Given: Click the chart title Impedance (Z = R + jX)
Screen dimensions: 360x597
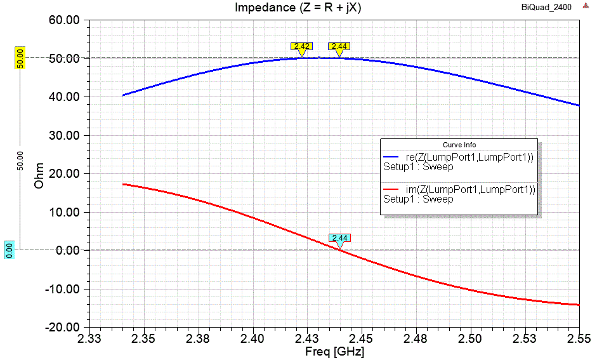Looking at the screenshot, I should pyautogui.click(x=298, y=8).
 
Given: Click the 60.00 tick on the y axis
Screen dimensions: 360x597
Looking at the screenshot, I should pyautogui.click(x=64, y=20).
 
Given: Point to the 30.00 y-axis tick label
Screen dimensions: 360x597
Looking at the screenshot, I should pyautogui.click(x=64, y=135).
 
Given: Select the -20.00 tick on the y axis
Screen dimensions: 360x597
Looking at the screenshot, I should pyautogui.click(x=63, y=328).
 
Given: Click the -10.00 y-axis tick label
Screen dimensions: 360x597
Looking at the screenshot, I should pyautogui.click(x=63, y=289).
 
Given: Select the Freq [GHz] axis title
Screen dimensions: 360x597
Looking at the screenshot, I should pyautogui.click(x=336, y=350).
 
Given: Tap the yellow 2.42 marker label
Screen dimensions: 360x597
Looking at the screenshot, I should pyautogui.click(x=301, y=46).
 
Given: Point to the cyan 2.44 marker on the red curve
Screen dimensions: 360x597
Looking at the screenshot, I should pyautogui.click(x=339, y=238).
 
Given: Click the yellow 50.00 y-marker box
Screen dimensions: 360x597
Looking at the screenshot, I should pyautogui.click(x=20, y=58).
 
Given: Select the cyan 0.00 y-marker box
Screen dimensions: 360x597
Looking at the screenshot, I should pyautogui.click(x=9, y=250).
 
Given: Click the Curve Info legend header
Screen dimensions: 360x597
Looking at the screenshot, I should pyautogui.click(x=459, y=145).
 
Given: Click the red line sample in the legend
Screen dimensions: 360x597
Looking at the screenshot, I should pyautogui.click(x=391, y=189).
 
